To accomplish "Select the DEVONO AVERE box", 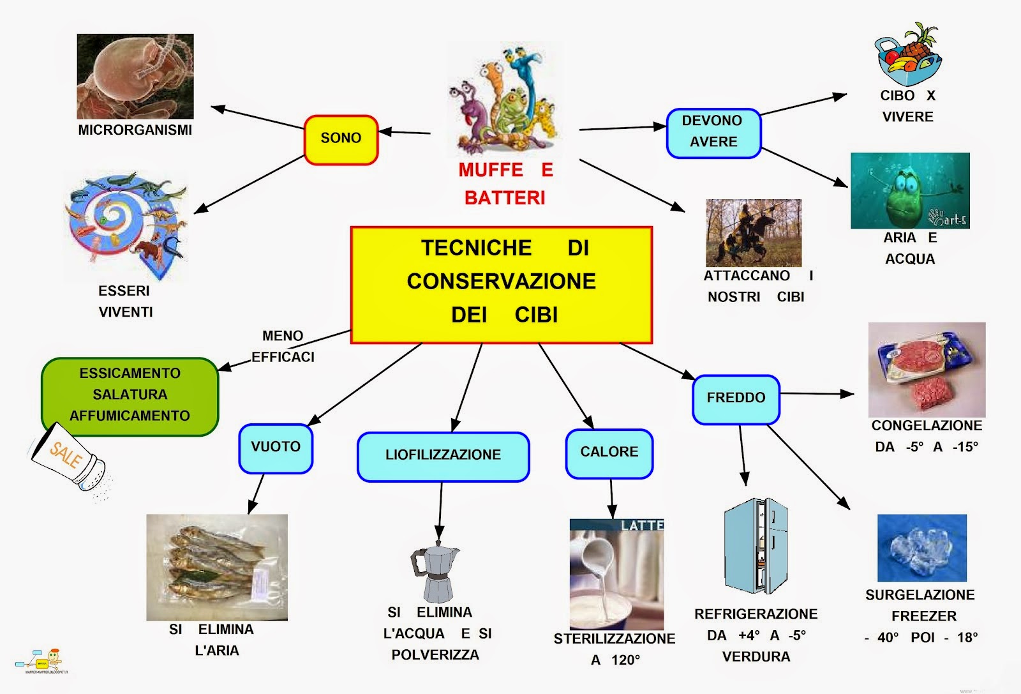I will [x=713, y=133].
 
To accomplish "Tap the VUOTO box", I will [x=276, y=448].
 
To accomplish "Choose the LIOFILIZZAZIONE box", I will [x=443, y=456].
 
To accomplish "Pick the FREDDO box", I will [x=736, y=399].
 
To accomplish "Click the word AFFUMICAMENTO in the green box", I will [x=130, y=416].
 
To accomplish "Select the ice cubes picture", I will [x=921, y=548].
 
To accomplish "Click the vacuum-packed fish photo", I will [x=217, y=567].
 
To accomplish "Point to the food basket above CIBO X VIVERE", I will [x=907, y=56].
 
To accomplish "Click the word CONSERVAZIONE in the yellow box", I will [x=501, y=281].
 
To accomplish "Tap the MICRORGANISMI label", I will [x=135, y=130].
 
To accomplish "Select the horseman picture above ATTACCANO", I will [x=753, y=233].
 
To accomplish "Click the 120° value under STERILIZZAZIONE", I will [x=625, y=660].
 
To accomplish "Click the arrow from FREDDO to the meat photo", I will [x=817, y=394].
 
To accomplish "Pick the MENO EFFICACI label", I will [x=283, y=346].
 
